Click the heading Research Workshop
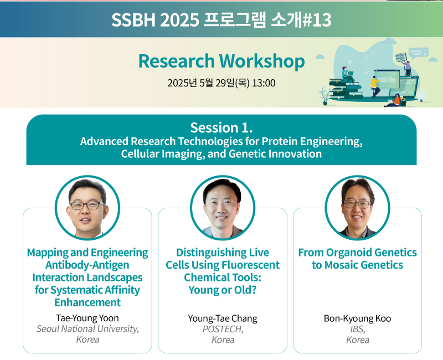click(x=221, y=61)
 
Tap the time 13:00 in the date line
click(x=264, y=83)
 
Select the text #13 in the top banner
click(x=316, y=20)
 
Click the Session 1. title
click(x=221, y=128)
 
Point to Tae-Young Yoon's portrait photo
click(x=87, y=208)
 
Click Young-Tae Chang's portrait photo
click(x=223, y=208)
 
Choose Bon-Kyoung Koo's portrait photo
click(x=357, y=208)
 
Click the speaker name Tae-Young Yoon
click(x=87, y=318)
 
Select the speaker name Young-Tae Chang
click(x=223, y=318)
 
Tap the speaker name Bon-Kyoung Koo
click(x=357, y=318)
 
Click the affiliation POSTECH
click(x=222, y=329)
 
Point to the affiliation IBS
click(x=357, y=329)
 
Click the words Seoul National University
click(x=87, y=329)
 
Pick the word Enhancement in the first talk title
click(x=87, y=302)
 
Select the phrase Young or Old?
click(x=223, y=290)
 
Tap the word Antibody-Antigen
click(x=87, y=265)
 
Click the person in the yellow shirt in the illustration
click(x=375, y=86)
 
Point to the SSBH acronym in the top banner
click(x=133, y=20)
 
